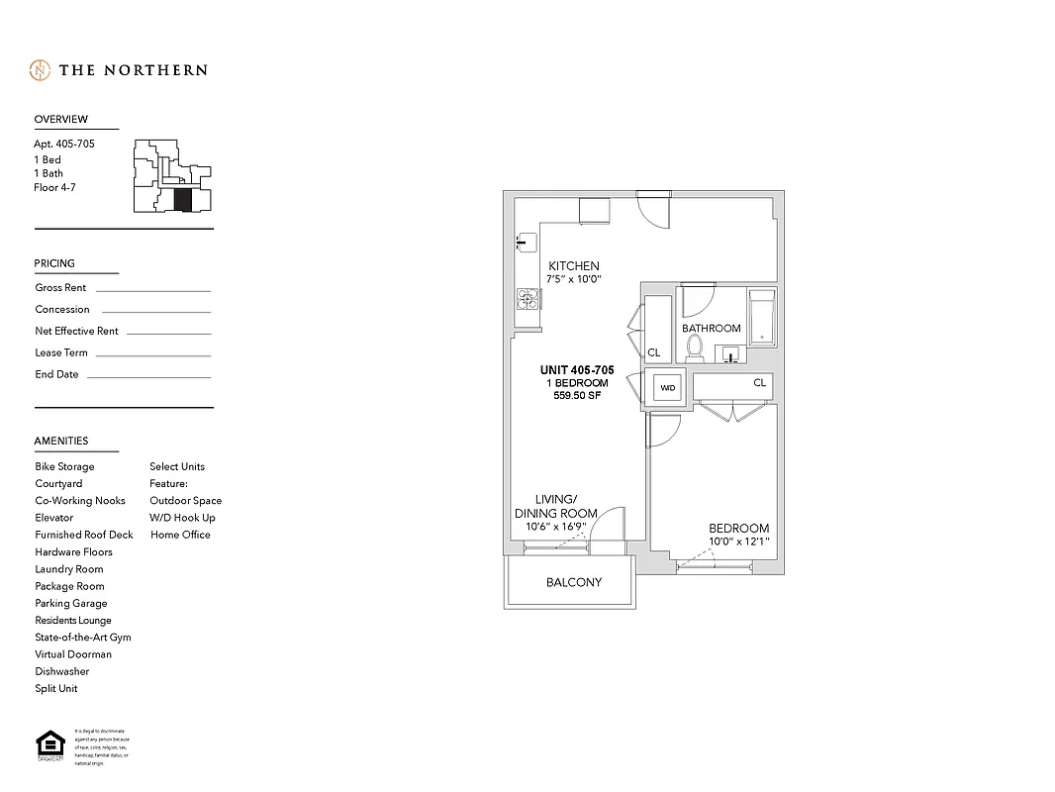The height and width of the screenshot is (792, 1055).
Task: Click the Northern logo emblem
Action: (40, 70)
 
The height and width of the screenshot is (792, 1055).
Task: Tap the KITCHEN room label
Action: (574, 266)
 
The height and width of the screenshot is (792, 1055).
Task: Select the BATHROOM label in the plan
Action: (711, 329)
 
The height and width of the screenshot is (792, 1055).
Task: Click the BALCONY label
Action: (574, 582)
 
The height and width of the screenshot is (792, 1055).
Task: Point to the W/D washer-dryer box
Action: (667, 388)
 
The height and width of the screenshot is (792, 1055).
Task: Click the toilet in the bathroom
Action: (695, 347)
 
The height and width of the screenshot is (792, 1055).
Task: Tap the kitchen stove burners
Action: (527, 298)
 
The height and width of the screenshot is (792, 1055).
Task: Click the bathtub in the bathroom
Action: (761, 317)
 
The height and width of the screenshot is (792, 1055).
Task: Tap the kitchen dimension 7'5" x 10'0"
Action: (574, 280)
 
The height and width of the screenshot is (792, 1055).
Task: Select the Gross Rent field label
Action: (60, 288)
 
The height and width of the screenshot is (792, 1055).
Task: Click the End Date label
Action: (56, 375)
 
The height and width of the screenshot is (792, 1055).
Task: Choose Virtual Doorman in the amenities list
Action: (73, 654)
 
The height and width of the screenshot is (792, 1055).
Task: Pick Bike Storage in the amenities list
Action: (64, 466)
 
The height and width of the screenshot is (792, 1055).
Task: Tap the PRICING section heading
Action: (54, 263)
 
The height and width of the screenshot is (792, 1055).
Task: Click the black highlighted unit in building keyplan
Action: (182, 199)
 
